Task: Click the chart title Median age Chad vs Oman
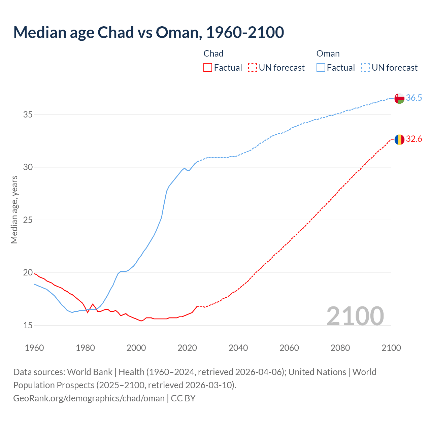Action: pos(148,32)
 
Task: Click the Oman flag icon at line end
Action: pos(399,98)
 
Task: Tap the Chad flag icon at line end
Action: pos(399,139)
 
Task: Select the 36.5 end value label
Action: pos(414,98)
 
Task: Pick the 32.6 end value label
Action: pos(414,139)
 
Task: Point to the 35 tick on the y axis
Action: pos(28,114)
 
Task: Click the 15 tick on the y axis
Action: pos(28,325)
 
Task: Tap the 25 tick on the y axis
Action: pos(28,220)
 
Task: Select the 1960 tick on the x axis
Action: pos(34,348)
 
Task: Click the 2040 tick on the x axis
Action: pos(238,348)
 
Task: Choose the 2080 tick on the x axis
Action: pos(340,348)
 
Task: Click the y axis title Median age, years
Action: pos(14,209)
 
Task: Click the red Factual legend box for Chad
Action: pos(208,68)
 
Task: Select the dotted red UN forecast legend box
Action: pos(253,68)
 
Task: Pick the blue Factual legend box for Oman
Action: pos(321,68)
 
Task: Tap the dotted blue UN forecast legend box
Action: pos(366,68)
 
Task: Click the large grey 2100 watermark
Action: pos(355,316)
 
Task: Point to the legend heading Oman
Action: pos(328,54)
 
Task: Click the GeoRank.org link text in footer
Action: pos(89,398)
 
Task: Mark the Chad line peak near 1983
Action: pos(93,304)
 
